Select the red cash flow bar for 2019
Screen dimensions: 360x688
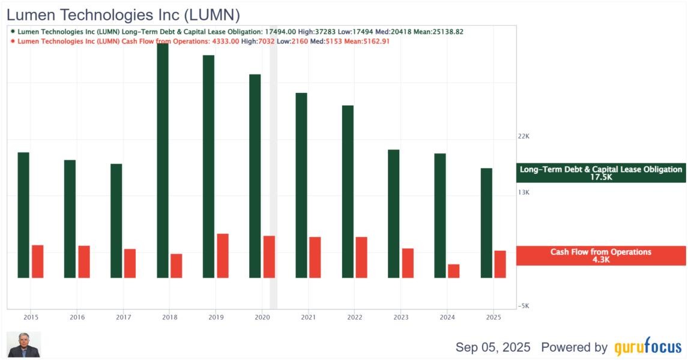point(223,256)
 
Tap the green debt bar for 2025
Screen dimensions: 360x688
point(486,223)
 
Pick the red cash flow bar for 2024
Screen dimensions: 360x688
point(453,271)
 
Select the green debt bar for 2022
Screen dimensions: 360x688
point(348,191)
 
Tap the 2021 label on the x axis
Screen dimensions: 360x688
point(308,317)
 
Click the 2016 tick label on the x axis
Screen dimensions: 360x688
point(77,317)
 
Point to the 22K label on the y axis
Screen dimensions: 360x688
point(524,137)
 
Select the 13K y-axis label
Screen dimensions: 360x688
point(524,193)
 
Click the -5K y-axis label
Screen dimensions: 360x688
point(524,306)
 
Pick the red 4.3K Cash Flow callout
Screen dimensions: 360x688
point(601,256)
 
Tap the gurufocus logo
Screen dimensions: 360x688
point(648,347)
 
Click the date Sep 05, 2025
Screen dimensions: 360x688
point(493,347)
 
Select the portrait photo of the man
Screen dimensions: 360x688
point(24,344)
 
